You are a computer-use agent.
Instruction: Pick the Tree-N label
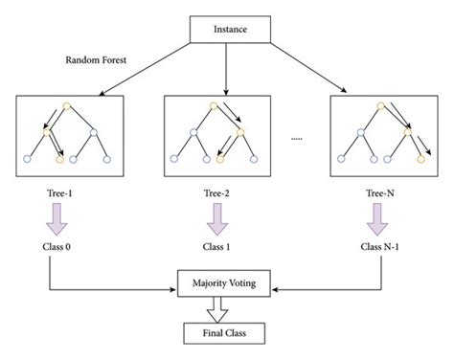pos(376,192)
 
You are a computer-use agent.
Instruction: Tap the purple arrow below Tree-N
pos(376,220)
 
